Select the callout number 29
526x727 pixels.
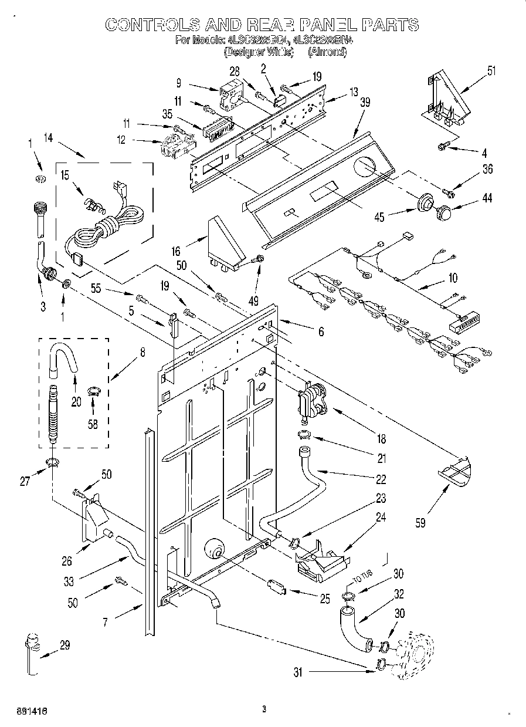coord(65,645)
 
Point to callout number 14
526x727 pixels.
coord(48,138)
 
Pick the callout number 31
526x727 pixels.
coord(298,673)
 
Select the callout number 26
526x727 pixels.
coord(67,562)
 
